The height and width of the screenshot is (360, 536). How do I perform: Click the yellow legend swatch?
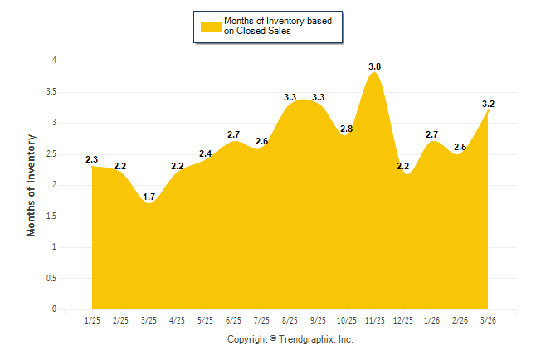point(210,26)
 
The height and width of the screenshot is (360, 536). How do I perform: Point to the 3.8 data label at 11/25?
point(374,66)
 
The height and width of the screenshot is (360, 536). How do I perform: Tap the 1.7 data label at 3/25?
point(149,197)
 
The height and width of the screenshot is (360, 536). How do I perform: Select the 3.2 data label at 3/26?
point(488,104)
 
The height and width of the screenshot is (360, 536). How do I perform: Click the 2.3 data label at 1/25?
point(91,159)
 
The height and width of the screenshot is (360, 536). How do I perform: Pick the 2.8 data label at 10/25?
point(346,129)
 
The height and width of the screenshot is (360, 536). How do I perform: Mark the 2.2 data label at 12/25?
point(403,166)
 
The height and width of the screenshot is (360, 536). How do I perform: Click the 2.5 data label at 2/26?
point(459,147)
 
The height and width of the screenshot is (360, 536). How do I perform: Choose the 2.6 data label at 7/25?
point(261,141)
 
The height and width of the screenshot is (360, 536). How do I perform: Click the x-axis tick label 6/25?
point(233,320)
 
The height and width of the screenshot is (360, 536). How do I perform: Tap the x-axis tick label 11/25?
point(374,320)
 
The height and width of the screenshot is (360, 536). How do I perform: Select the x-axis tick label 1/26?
point(431,320)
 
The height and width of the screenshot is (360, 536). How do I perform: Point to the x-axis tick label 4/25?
point(177,320)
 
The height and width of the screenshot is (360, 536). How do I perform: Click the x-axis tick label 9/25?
point(318,320)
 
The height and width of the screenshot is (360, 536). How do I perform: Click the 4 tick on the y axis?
point(54,61)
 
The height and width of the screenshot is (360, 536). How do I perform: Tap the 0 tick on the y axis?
point(54,309)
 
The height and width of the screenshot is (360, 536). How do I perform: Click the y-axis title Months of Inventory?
point(32,185)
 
